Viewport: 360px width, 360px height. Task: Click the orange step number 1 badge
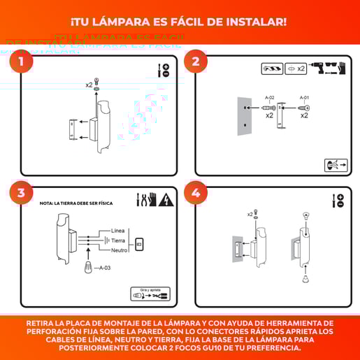(22, 62)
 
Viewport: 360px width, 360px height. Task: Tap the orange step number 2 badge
(196, 62)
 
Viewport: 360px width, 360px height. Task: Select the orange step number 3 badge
(22, 194)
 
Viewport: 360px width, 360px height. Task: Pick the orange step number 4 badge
(196, 194)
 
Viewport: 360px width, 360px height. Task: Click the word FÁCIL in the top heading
(219, 22)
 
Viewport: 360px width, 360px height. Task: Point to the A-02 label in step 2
(269, 98)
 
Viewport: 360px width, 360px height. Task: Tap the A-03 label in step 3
(107, 268)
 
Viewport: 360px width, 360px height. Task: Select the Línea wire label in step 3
(118, 231)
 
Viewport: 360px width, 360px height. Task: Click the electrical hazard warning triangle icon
(166, 201)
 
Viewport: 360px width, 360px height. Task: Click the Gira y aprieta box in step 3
(150, 294)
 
